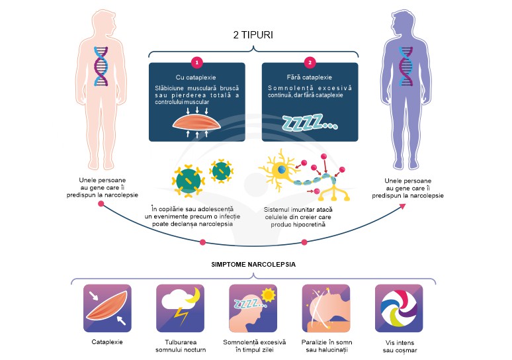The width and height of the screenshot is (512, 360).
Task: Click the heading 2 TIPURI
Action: click(x=253, y=34)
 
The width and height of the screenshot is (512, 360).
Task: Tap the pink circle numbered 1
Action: click(x=196, y=63)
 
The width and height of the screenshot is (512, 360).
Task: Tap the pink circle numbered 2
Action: click(x=310, y=63)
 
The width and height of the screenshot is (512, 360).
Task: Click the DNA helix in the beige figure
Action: click(x=101, y=66)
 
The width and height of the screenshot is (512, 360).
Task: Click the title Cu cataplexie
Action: click(x=196, y=77)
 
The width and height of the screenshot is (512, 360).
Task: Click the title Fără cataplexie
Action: click(x=310, y=77)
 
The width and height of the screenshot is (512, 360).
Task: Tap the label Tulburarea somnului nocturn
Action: click(x=180, y=347)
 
